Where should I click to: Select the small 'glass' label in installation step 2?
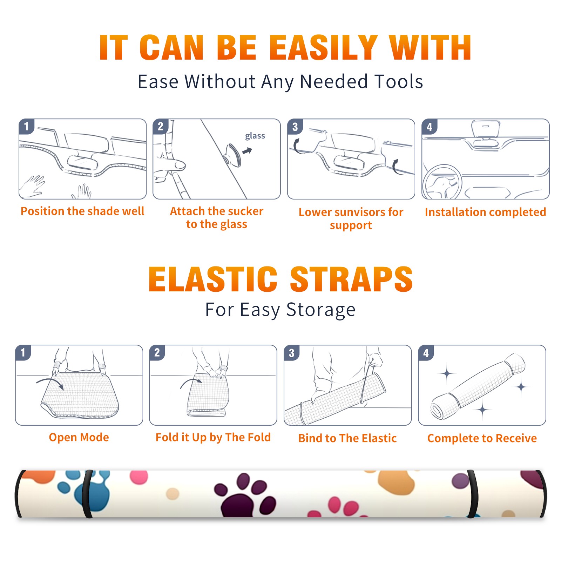pos(255,136)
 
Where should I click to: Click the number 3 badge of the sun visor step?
pos(295,127)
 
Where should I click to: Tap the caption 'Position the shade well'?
pos(82,211)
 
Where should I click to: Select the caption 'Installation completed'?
pos(485,212)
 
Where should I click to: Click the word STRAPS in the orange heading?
pos(351,279)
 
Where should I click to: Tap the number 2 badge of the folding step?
pos(157,352)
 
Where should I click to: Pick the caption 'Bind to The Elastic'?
pos(347,438)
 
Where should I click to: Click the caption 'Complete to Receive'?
pos(482,438)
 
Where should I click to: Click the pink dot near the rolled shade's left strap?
pos(139,477)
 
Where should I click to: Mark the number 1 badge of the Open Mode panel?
pos(23,352)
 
